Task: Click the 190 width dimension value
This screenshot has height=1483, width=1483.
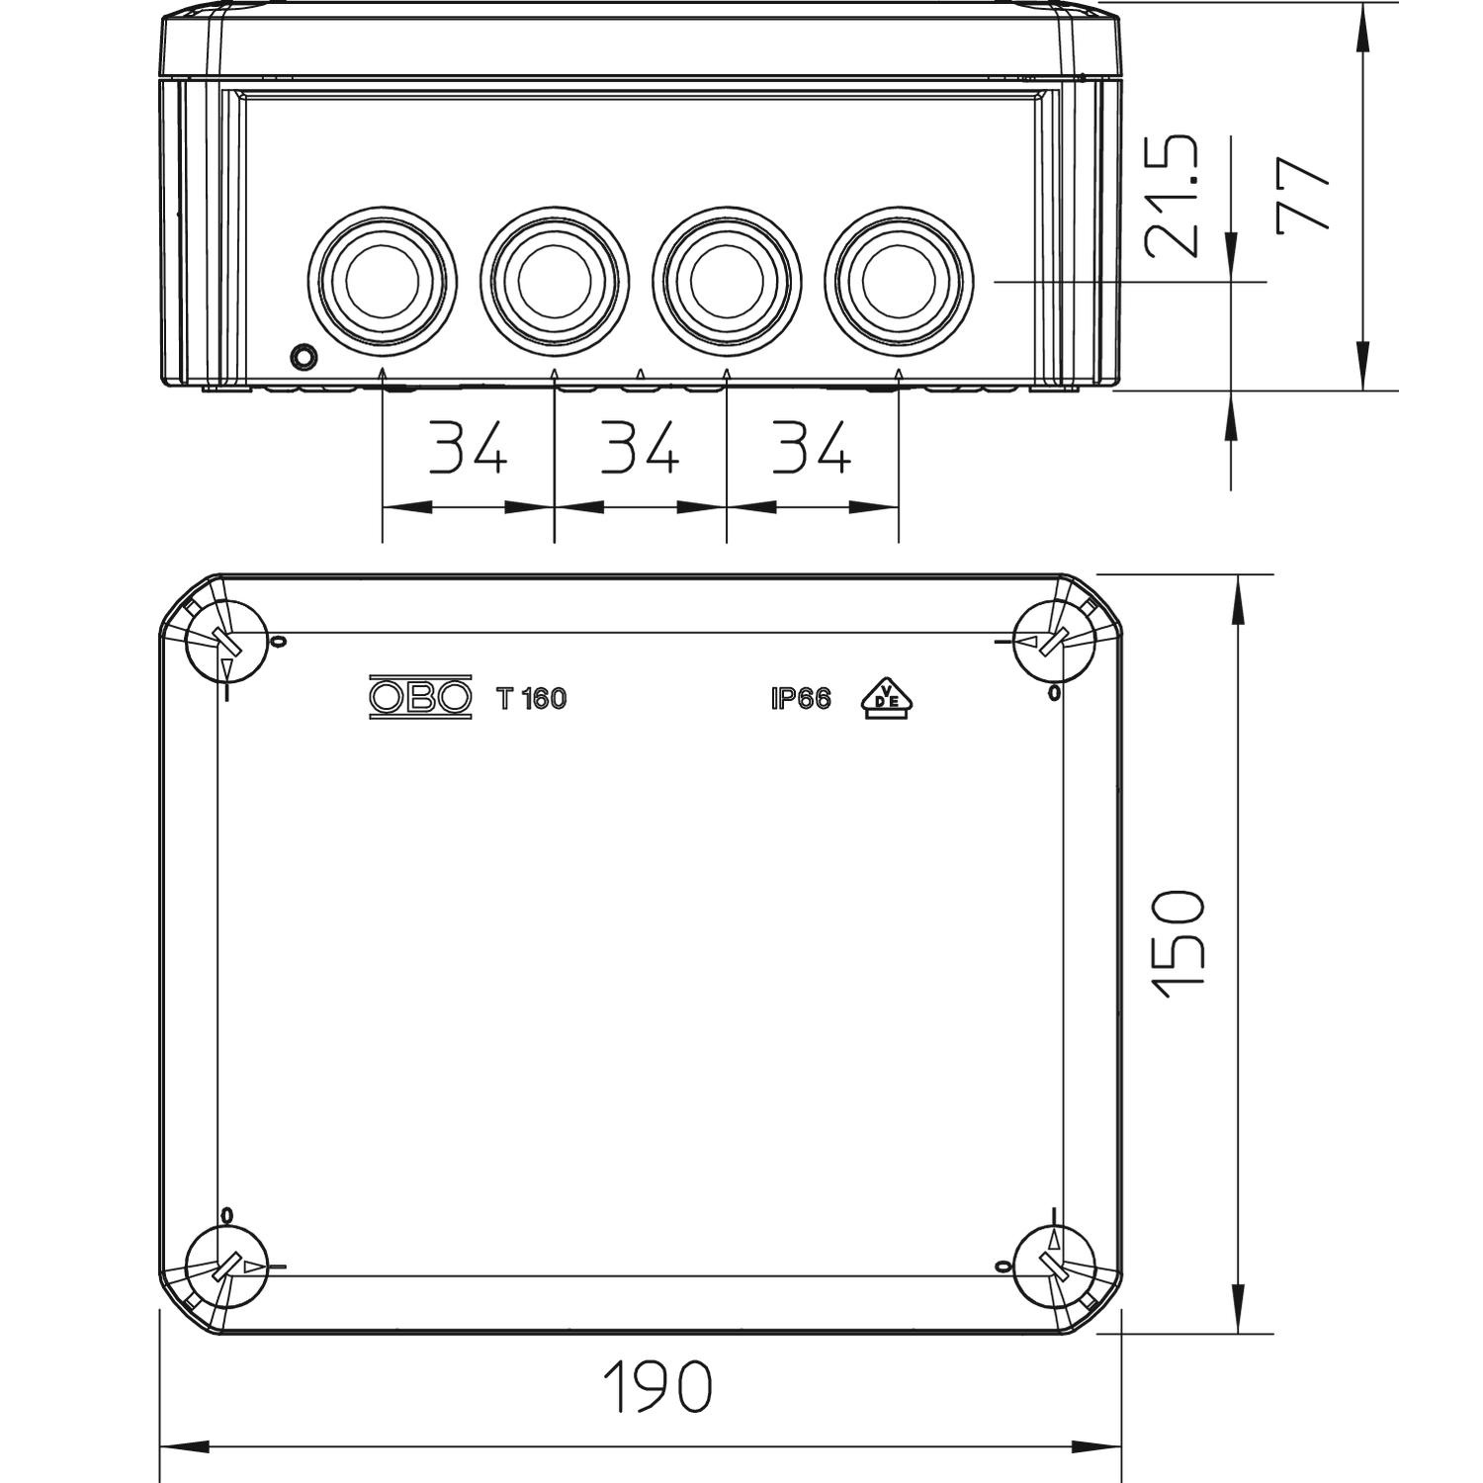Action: point(657,1386)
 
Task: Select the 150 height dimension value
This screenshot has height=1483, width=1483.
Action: point(1180,945)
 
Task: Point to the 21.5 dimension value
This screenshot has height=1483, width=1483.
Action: point(1173,197)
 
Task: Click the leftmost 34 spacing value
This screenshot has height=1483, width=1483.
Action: point(468,447)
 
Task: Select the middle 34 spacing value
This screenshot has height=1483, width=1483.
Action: point(640,447)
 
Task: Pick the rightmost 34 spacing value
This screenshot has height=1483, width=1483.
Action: point(811,447)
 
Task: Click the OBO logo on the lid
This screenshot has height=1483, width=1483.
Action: point(420,698)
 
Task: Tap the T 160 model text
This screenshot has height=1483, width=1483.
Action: point(532,699)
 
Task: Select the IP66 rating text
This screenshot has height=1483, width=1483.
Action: point(801,699)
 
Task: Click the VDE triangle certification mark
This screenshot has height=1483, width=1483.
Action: point(887,698)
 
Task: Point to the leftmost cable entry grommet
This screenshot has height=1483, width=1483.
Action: point(383,281)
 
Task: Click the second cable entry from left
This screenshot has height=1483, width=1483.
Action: point(555,281)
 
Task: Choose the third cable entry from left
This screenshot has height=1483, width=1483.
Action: point(727,281)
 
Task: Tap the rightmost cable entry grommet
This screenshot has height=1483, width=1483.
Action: point(899,281)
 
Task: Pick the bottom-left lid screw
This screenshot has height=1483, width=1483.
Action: point(227,1266)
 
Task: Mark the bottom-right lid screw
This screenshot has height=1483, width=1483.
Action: point(1055,1266)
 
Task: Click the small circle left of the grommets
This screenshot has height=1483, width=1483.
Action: point(304,357)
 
